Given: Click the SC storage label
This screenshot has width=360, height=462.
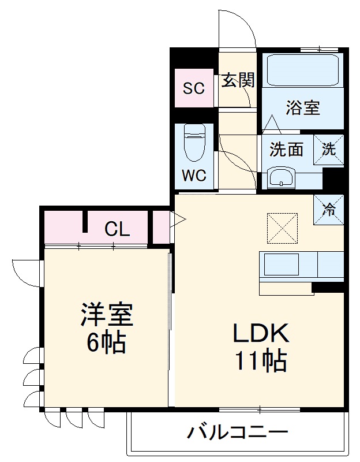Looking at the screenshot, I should point(194,88).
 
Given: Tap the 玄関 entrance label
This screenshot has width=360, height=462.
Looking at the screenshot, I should point(238,81).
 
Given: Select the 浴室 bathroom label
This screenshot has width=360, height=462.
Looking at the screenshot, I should point(303,107).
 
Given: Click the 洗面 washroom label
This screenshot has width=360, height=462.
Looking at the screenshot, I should point(287,150).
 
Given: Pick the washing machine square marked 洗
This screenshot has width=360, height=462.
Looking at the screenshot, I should point(328,149).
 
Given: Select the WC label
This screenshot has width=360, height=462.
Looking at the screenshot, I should point(194,176).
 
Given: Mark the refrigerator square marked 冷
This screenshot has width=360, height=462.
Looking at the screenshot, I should point(328,210).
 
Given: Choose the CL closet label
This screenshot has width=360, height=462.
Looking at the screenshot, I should point(117,230).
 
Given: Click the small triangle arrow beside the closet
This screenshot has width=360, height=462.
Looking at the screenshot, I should point(178,219).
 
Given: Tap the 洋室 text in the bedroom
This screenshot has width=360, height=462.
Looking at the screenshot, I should point(107,315).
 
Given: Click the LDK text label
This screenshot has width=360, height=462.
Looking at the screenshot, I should point(260,333).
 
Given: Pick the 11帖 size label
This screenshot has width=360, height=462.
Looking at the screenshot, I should point(260,362).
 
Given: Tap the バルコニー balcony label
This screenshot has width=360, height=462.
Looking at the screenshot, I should point(238,432).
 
